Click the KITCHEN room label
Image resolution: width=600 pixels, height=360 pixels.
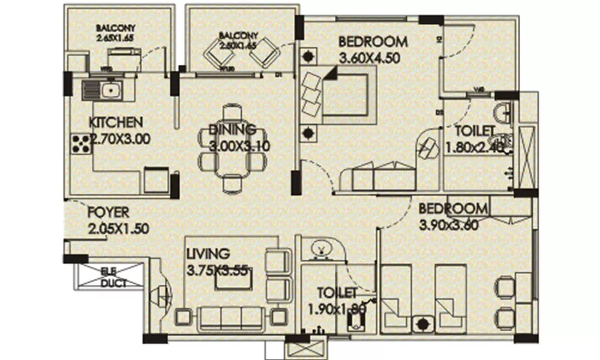point(116,122)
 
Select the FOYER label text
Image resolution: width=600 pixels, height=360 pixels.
point(109,212)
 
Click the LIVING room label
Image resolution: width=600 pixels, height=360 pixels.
point(207,253)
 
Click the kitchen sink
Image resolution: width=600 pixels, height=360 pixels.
point(102,91)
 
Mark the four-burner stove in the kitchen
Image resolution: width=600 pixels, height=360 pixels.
point(80,144)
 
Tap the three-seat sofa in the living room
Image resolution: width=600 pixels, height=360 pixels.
point(232,317)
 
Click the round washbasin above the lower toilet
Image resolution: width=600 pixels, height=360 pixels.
point(321,248)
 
